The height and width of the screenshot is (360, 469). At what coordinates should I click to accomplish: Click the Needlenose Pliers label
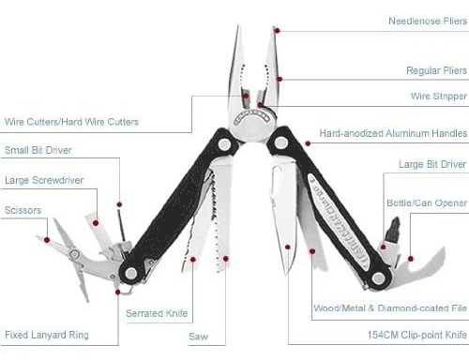click(428, 21)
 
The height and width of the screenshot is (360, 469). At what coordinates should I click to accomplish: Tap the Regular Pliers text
click(436, 70)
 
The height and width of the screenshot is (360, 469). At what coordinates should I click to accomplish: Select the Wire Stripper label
click(439, 96)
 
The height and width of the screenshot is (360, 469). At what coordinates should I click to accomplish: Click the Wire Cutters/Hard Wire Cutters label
click(71, 122)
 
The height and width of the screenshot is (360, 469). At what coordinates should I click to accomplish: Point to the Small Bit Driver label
click(38, 150)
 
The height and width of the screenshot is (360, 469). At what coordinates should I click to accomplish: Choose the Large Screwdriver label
click(44, 180)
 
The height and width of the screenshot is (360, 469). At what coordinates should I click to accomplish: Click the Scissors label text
click(23, 210)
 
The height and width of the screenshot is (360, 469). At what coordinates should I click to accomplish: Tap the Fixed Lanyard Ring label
click(47, 335)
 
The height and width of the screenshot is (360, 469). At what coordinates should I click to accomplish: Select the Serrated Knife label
click(157, 313)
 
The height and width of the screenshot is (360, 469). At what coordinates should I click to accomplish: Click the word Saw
click(198, 337)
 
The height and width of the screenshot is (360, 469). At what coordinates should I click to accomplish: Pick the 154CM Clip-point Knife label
click(417, 335)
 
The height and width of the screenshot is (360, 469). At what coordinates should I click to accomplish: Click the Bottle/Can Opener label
click(427, 202)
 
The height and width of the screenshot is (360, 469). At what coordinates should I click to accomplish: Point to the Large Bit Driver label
click(432, 164)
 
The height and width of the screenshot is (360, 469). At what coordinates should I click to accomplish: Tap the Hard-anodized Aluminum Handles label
click(393, 133)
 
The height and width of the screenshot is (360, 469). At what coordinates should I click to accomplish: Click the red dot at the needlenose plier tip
click(277, 30)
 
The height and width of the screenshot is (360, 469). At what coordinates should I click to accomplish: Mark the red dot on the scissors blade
click(47, 240)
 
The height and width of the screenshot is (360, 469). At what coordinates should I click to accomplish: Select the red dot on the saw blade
click(226, 259)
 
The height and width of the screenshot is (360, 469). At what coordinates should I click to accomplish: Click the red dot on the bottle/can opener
click(411, 259)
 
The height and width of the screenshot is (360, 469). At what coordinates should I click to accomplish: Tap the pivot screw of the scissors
click(74, 254)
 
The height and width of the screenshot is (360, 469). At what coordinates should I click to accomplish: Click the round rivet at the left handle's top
click(224, 144)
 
